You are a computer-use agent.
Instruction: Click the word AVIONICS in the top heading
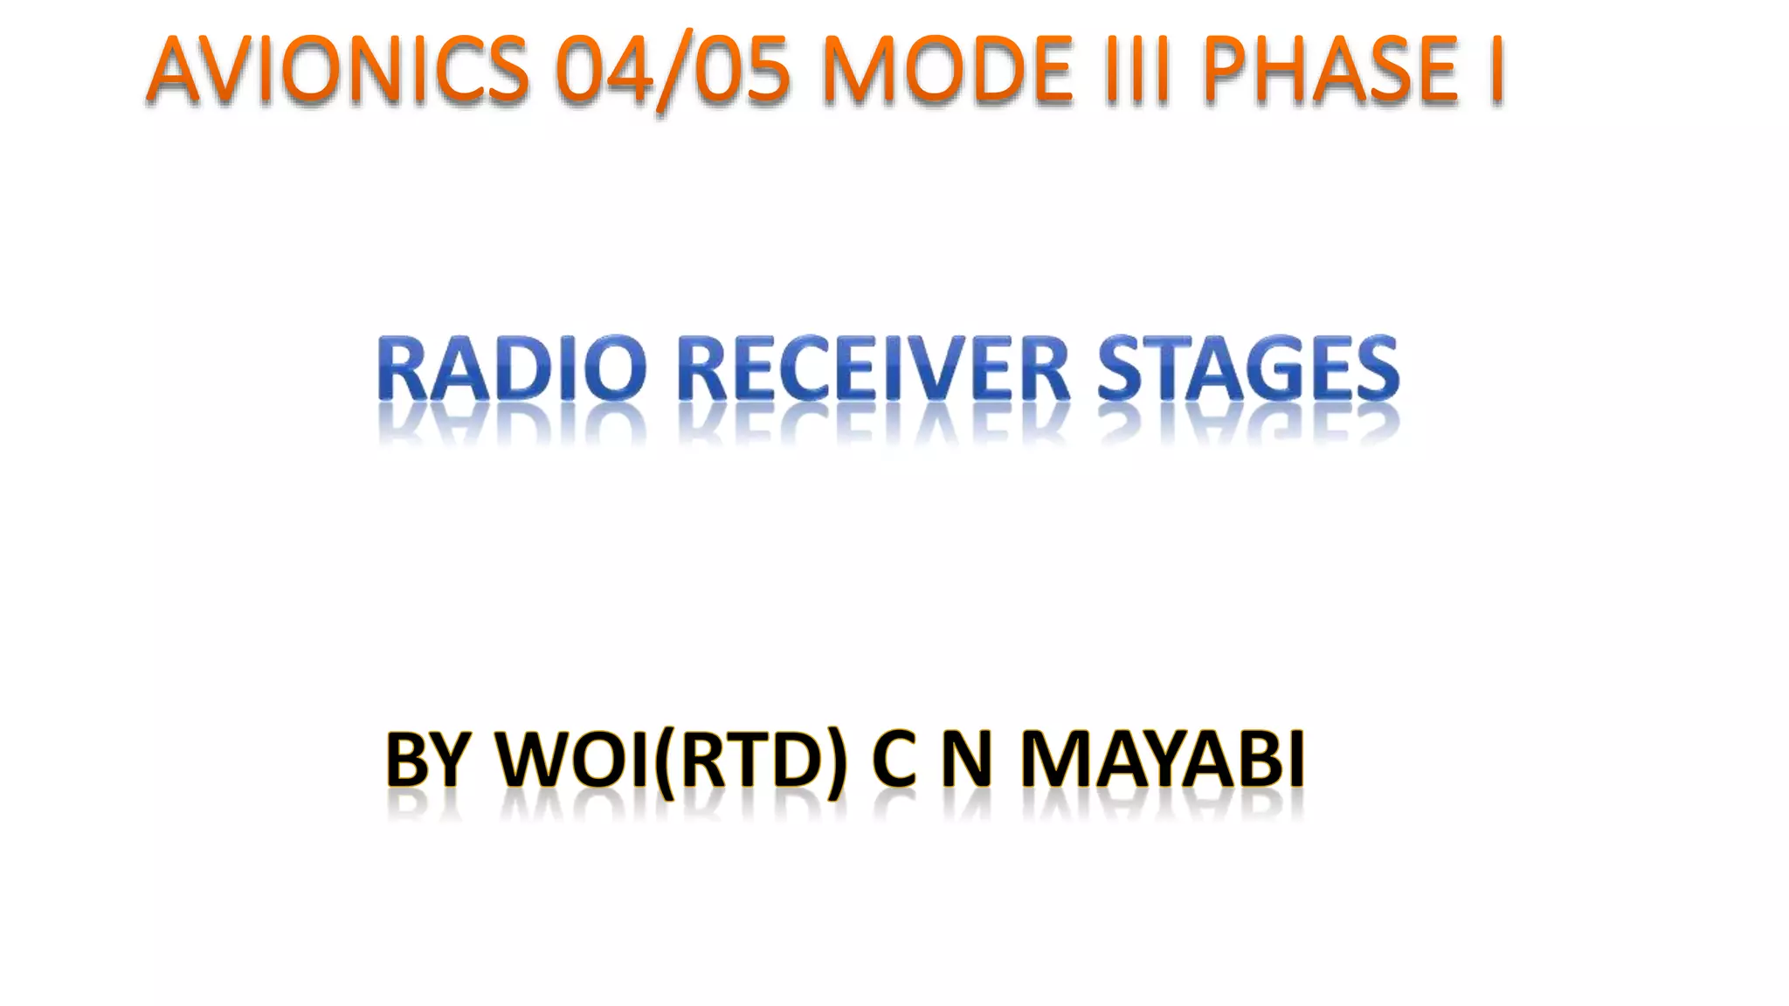pyautogui.click(x=338, y=70)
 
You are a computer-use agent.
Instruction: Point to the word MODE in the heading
pyautogui.click(x=947, y=70)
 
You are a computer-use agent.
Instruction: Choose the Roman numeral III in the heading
pyautogui.click(x=1136, y=70)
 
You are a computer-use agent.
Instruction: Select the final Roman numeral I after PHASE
pyautogui.click(x=1495, y=70)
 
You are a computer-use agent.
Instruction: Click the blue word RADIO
pyautogui.click(x=512, y=370)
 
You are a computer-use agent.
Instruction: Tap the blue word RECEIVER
pyautogui.click(x=874, y=370)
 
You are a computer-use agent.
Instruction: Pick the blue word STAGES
pyautogui.click(x=1248, y=370)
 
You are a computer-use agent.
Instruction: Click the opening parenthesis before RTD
pyautogui.click(x=666, y=761)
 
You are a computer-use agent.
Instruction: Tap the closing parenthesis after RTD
pyautogui.click(x=837, y=761)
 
